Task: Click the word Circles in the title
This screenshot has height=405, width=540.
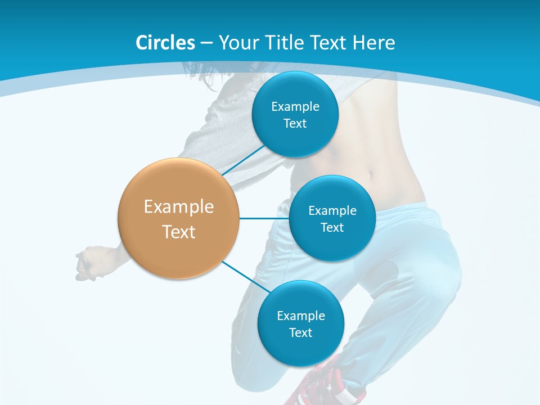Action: [x=165, y=43]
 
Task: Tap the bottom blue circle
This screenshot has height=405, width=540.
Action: [x=300, y=349]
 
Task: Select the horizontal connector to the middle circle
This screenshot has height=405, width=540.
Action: [x=264, y=218]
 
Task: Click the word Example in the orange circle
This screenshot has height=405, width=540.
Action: [x=178, y=206]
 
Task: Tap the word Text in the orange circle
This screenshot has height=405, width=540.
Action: [x=178, y=232]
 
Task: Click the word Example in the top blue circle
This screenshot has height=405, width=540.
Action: [x=295, y=106]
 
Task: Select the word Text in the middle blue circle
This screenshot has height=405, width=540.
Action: [x=332, y=227]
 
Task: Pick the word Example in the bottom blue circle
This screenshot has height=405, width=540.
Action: [x=300, y=316]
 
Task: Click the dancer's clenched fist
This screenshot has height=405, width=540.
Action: [x=87, y=262]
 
